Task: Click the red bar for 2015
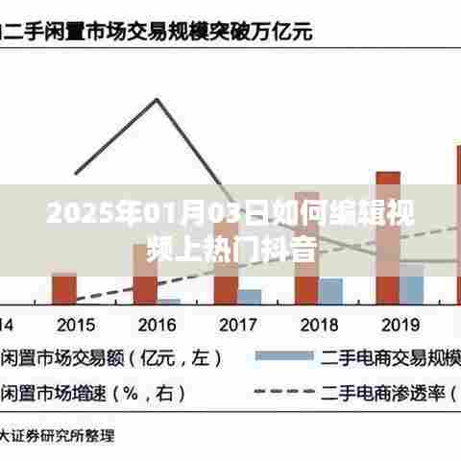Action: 64,288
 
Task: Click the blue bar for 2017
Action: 250,296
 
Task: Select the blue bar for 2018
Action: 330,291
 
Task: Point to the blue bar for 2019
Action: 411,284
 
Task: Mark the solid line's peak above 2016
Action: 157,98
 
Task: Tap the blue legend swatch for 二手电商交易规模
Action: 283,357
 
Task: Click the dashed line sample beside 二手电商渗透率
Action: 283,392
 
